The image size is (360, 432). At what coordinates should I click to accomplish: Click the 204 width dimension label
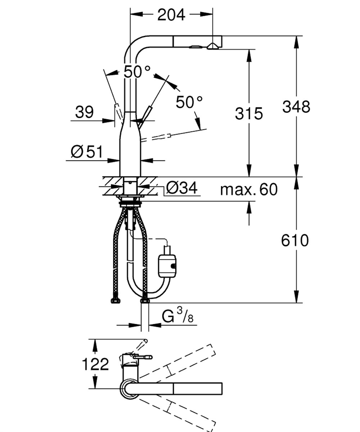[x=171, y=15]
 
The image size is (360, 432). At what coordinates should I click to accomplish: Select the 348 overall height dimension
[x=296, y=107]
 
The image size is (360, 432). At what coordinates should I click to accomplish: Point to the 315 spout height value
[x=249, y=113]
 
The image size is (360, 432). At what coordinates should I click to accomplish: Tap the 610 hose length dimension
[x=295, y=240]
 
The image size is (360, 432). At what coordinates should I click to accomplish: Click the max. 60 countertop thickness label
[x=249, y=189]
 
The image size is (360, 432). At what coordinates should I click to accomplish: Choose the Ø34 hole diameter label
[x=182, y=188]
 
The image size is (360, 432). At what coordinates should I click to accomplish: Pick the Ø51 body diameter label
[x=87, y=152]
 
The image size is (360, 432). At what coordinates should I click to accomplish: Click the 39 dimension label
[x=84, y=112]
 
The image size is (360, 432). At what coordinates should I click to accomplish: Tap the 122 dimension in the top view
[x=95, y=364]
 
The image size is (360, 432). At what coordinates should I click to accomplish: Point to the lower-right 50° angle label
[x=189, y=102]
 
